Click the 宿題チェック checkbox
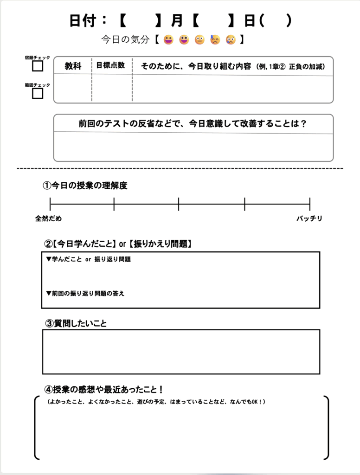pyautogui.click(x=38, y=66)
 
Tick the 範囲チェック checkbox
pyautogui.click(x=38, y=94)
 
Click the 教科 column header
pyautogui.click(x=73, y=66)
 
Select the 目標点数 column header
pyautogui.click(x=110, y=65)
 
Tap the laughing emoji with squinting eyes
pyautogui.click(x=168, y=40)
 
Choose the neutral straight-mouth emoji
pyautogui.click(x=199, y=40)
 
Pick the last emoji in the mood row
pyautogui.click(x=231, y=40)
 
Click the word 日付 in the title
pyautogui.click(x=82, y=21)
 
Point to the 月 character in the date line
pyautogui.click(x=177, y=21)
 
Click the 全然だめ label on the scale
pyautogui.click(x=48, y=218)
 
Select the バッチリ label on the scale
pyautogui.click(x=309, y=218)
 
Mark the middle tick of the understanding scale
pyautogui.click(x=179, y=204)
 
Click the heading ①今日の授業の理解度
pyautogui.click(x=85, y=186)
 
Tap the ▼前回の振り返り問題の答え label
pyautogui.click(x=85, y=294)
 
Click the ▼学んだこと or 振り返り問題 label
pyautogui.click(x=88, y=259)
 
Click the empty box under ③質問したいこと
pyautogui.click(x=181, y=352)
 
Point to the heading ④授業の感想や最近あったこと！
pyautogui.click(x=103, y=390)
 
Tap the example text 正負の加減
pyautogui.click(x=306, y=67)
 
